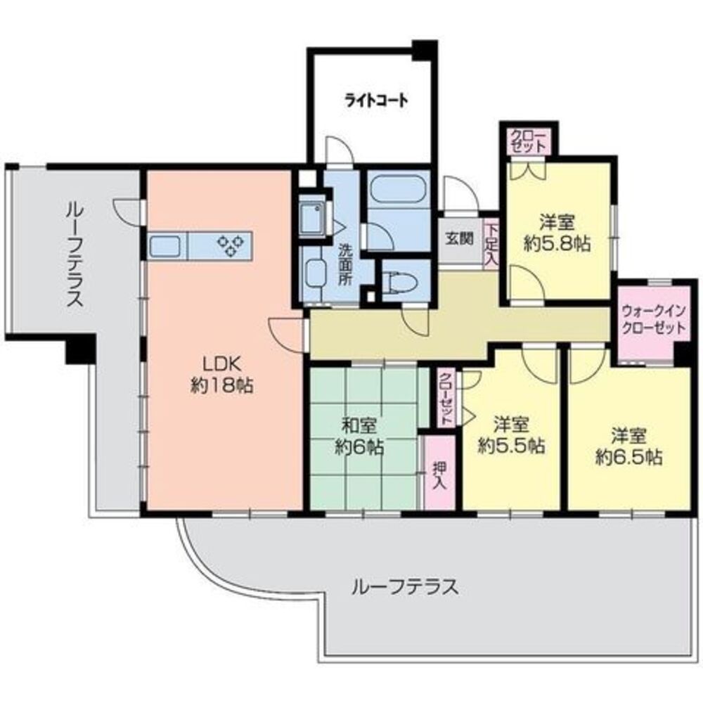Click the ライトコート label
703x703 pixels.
tap(376, 100)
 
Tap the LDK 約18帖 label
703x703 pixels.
tap(222, 375)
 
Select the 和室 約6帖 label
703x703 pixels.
tap(359, 436)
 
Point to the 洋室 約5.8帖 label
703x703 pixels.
tap(557, 233)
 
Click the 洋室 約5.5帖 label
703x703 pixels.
tap(512, 434)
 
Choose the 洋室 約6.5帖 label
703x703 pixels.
tap(628, 446)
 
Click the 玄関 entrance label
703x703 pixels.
tap(459, 239)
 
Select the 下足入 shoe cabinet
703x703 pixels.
tap(491, 245)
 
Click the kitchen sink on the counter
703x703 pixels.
tap(167, 247)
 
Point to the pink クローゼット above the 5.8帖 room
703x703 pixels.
tap(529, 141)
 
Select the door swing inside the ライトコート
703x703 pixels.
tap(339, 149)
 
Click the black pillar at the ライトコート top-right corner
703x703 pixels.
tap(424, 50)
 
